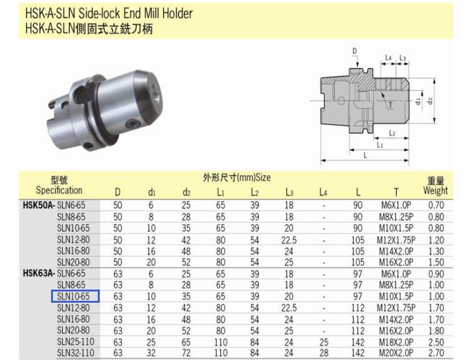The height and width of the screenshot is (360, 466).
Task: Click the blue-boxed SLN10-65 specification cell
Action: [75, 296]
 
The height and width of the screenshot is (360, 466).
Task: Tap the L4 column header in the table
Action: [323, 192]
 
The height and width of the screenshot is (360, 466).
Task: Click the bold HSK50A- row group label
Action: [39, 206]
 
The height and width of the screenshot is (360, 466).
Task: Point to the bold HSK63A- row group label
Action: [39, 273]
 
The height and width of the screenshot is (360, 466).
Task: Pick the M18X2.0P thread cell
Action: [396, 342]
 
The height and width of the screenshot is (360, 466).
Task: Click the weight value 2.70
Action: [436, 353]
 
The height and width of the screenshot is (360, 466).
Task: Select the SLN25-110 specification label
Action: [75, 342]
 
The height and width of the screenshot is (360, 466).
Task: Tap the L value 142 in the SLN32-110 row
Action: [358, 353]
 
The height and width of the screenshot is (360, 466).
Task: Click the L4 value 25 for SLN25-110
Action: [323, 342]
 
